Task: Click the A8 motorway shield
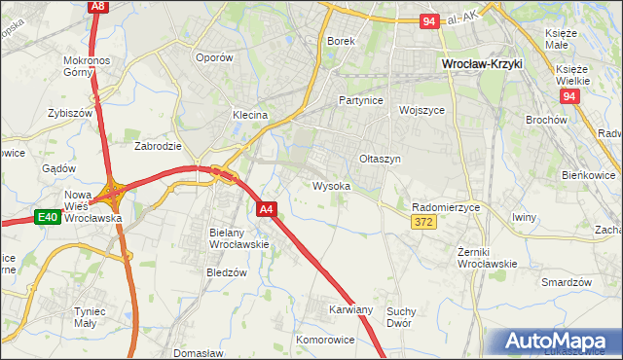coord(97,6)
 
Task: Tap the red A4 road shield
coord(269,208)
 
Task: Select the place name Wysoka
coord(331,186)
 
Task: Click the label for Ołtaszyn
coord(380,159)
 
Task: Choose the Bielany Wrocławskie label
coord(238,238)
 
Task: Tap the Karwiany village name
coord(350,309)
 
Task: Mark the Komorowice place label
coord(325,341)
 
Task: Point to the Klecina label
coord(249,115)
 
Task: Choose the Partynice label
coord(360,100)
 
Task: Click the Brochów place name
coord(545,120)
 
